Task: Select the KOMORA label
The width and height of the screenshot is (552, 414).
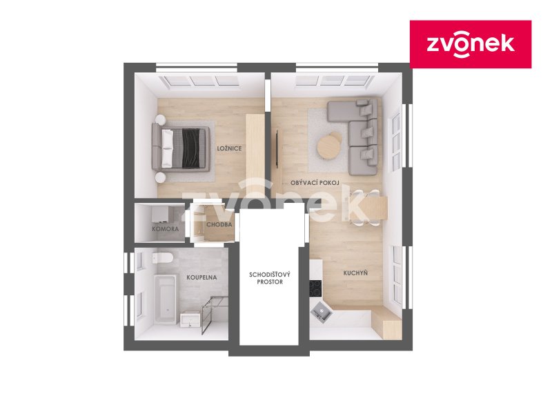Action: click(166, 228)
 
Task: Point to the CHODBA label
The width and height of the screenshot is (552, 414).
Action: click(219, 225)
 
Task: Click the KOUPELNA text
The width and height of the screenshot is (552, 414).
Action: click(201, 277)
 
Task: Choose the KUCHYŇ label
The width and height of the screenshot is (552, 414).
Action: click(355, 273)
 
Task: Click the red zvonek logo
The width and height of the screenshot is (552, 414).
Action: click(471, 44)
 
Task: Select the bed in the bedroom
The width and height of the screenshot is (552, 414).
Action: click(184, 148)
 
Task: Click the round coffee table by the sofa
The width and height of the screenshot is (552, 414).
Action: click(330, 146)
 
